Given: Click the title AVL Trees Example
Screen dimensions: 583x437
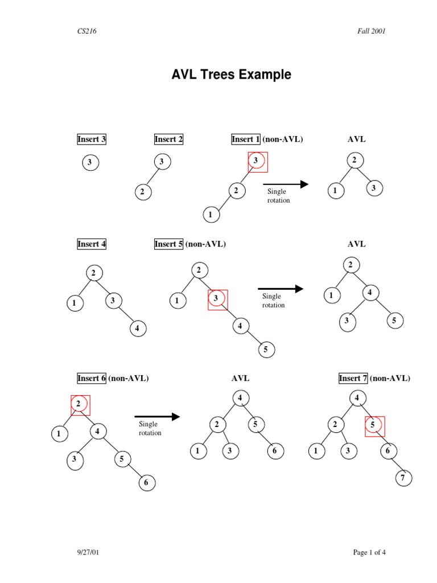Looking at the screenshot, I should tap(231, 75).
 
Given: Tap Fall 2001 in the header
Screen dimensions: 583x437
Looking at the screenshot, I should tap(368, 31).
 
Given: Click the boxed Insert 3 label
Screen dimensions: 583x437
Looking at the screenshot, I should tap(92, 139).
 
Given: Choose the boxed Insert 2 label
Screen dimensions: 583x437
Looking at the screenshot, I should tap(168, 139).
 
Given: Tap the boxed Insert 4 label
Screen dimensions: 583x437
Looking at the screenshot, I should tap(92, 244).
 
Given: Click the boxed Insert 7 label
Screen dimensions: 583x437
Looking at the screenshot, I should tap(353, 378).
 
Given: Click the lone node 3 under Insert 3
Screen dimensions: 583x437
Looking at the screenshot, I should tap(89, 163).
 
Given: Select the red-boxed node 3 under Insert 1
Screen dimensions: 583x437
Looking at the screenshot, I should tap(257, 162).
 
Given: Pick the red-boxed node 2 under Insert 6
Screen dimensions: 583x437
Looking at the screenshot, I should tap(79, 405).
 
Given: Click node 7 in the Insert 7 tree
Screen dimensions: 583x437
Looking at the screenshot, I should tap(403, 478).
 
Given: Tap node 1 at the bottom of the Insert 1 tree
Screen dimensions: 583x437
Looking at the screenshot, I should tap(211, 215).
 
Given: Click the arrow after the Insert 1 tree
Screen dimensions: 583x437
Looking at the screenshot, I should tap(286, 184).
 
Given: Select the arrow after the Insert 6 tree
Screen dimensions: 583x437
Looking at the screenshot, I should tap(157, 417).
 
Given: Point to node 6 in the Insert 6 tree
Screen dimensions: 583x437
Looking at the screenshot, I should tap(146, 483).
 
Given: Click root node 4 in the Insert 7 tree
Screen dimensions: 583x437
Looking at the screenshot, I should tap(357, 398).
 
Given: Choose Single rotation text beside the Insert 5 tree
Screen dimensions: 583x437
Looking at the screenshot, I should tap(273, 301).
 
